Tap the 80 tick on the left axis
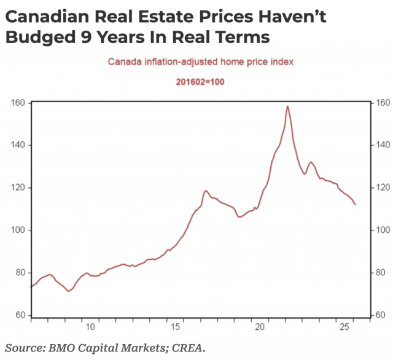[x=18, y=273]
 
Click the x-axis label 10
[x=90, y=326]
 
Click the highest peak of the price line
[x=287, y=106]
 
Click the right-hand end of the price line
[x=356, y=205]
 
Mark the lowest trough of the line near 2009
[x=68, y=291]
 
